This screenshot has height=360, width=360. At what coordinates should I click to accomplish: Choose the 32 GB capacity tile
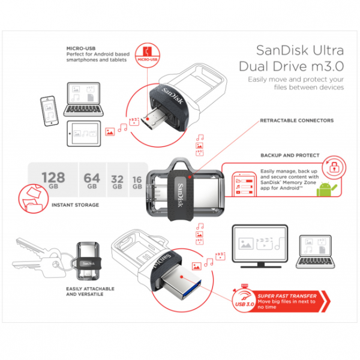[118, 181]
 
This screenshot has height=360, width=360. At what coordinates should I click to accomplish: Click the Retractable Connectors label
[296, 121]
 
